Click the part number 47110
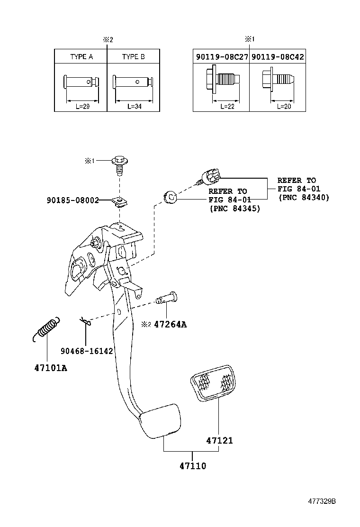tap(192, 466)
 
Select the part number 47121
tap(219, 440)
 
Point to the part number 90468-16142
tap(87, 351)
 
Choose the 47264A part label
tap(170, 325)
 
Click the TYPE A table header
tap(81, 56)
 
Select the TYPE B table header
tap(133, 56)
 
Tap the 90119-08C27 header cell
tap(221, 56)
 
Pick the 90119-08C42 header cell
tap(278, 56)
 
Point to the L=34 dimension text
tap(134, 107)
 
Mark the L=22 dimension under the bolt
tap(227, 107)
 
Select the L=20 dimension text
tap(284, 107)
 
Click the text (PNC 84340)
tap(303, 197)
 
